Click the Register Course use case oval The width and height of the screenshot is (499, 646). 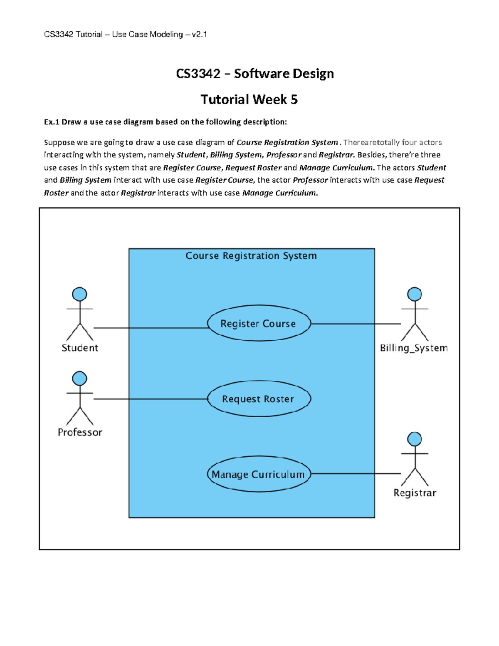pos(259,324)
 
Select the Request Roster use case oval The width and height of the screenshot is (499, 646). pos(259,399)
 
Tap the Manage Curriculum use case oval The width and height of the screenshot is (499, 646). pos(259,474)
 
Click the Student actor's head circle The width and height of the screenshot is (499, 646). pos(79,294)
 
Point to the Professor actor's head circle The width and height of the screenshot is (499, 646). pos(79,379)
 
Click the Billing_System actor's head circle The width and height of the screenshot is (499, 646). pos(414,294)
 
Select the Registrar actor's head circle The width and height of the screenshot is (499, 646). pos(414,439)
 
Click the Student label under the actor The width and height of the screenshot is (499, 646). pos(80,348)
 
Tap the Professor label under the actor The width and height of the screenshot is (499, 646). pos(80,432)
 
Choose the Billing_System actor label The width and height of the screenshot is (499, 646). pos(414,348)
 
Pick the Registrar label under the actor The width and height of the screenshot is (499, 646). pos(415,493)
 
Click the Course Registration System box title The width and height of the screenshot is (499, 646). pos(251,256)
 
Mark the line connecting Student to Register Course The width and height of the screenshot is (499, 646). pos(150,328)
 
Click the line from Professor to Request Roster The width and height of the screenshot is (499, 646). pos(150,399)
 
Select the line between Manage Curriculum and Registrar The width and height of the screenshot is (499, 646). pos(356,473)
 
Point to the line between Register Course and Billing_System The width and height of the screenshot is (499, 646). pos(356,324)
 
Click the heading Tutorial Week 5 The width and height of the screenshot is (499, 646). pos(249,99)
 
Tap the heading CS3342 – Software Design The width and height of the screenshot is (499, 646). pos(254,74)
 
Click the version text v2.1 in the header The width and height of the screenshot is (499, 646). pos(199,35)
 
